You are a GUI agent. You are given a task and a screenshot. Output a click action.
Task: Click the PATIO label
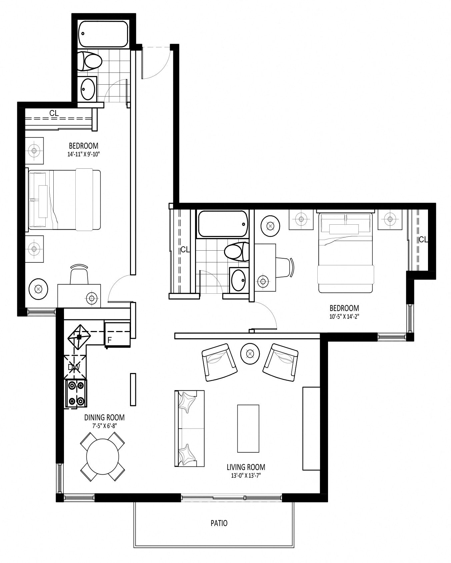tap(219, 523)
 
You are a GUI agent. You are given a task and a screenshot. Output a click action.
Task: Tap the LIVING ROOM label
tap(246, 467)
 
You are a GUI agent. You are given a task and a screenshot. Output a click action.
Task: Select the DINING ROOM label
tap(104, 417)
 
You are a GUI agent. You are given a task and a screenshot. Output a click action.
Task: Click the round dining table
tap(103, 457)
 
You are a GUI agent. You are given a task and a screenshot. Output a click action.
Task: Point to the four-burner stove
tap(76, 393)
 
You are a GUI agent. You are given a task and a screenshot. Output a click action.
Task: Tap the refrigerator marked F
tap(117, 334)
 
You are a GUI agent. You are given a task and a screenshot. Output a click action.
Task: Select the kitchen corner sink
tap(79, 337)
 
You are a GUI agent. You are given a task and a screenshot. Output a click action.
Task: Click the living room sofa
tap(189, 428)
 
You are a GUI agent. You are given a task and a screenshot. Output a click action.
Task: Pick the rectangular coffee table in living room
tap(248, 428)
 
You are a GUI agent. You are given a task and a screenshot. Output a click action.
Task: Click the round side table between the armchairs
tap(250, 353)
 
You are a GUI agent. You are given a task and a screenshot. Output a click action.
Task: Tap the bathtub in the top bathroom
tap(103, 34)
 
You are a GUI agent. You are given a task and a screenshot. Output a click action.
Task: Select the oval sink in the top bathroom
tap(88, 89)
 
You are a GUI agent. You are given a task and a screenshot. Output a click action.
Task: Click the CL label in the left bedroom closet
tap(54, 113)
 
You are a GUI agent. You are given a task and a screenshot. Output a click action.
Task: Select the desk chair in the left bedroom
tap(79, 274)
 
